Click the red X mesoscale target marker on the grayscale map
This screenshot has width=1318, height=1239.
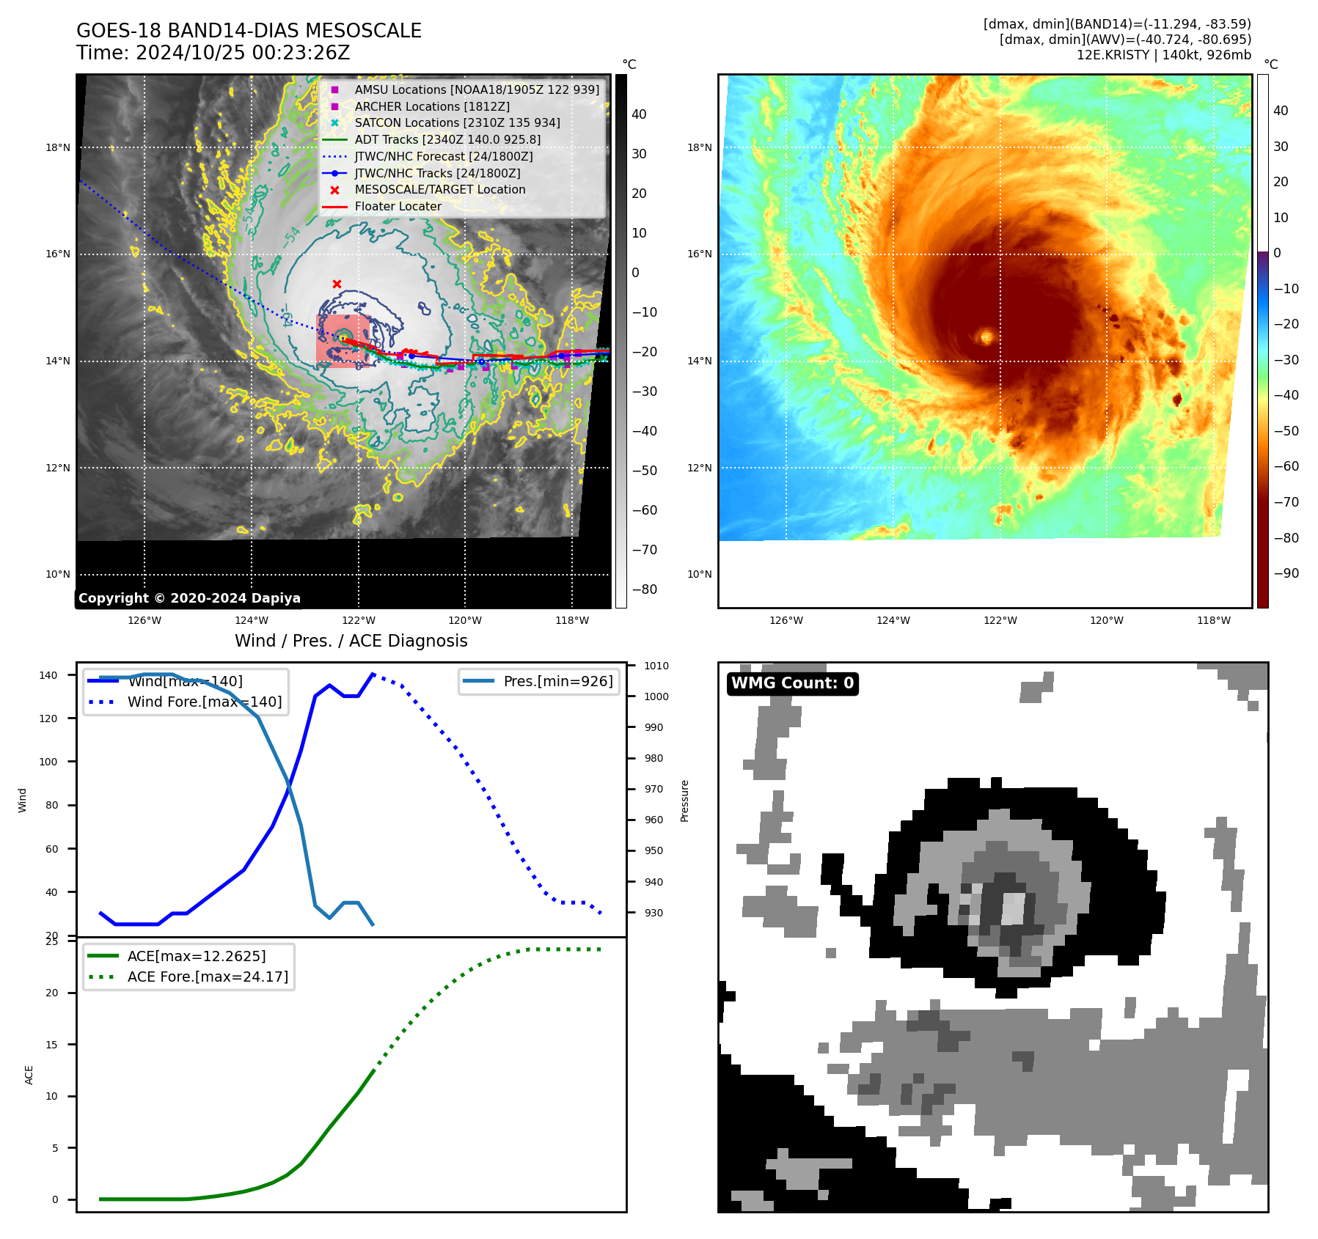pyautogui.click(x=337, y=284)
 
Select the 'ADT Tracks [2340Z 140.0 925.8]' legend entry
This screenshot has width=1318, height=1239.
pyautogui.click(x=447, y=139)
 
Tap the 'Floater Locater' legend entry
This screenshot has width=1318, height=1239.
pyautogui.click(x=398, y=207)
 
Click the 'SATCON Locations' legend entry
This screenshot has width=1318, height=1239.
pyautogui.click(x=457, y=123)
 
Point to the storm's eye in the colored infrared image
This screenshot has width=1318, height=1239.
pyautogui.click(x=986, y=337)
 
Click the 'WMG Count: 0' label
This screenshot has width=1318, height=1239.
pyautogui.click(x=792, y=683)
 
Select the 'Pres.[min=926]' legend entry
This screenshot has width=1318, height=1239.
pyautogui.click(x=557, y=681)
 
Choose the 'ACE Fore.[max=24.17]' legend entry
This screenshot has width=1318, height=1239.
pyautogui.click(x=208, y=977)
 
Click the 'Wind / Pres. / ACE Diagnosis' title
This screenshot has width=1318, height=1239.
pyautogui.click(x=351, y=641)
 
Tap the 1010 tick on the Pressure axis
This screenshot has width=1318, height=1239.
pyautogui.click(x=656, y=666)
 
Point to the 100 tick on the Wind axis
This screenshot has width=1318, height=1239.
pyautogui.click(x=48, y=762)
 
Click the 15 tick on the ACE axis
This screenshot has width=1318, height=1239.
pyautogui.click(x=51, y=1045)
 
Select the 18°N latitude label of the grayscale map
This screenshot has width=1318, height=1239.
pyautogui.click(x=58, y=147)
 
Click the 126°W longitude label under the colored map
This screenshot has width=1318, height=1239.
pyautogui.click(x=786, y=620)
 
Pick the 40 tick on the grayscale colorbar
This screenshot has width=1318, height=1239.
pyautogui.click(x=639, y=114)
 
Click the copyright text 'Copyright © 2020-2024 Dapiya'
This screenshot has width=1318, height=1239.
pyautogui.click(x=189, y=598)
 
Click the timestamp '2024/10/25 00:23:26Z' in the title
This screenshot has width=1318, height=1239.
pyautogui.click(x=243, y=54)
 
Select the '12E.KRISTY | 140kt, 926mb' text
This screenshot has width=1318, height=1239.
pyautogui.click(x=1163, y=55)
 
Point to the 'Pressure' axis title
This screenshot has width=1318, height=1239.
pyautogui.click(x=684, y=801)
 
